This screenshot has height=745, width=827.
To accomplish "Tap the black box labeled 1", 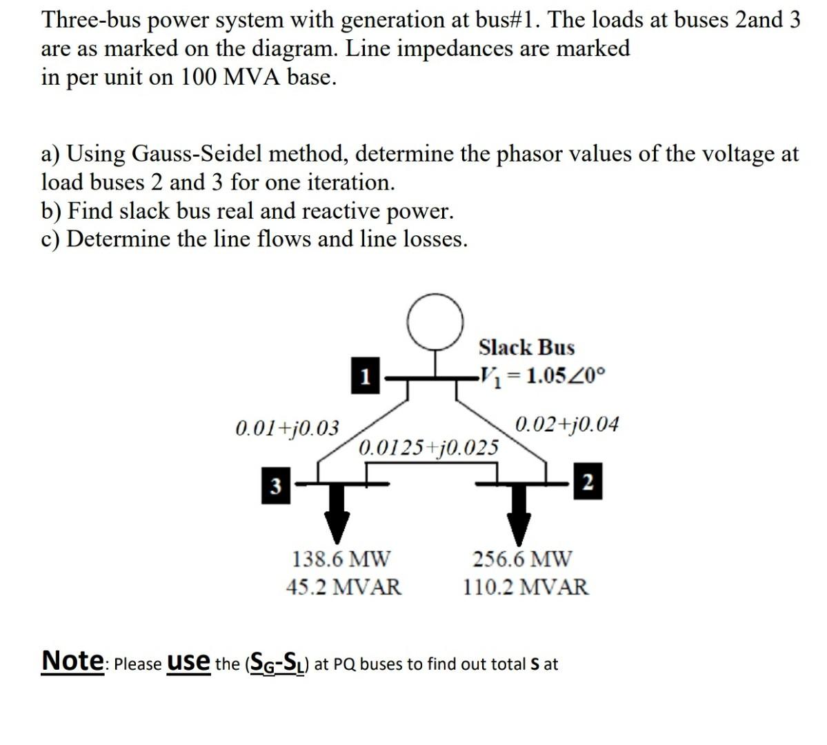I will pyautogui.click(x=366, y=376).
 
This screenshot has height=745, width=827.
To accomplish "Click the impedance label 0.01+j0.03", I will pyautogui.click(x=287, y=428).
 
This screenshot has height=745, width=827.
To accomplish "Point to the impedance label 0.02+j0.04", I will pyautogui.click(x=566, y=423).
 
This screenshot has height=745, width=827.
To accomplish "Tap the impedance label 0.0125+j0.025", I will pyautogui.click(x=428, y=447).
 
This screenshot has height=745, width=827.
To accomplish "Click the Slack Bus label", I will pyautogui.click(x=526, y=347).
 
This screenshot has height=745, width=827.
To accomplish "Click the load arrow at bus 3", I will pyautogui.click(x=337, y=520).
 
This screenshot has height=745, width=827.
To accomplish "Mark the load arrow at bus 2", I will pyautogui.click(x=518, y=520).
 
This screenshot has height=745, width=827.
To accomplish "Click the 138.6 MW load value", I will pyautogui.click(x=341, y=558).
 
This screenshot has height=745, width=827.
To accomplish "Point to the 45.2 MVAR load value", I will pyautogui.click(x=343, y=587).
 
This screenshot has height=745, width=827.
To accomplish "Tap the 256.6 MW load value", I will pyautogui.click(x=522, y=558).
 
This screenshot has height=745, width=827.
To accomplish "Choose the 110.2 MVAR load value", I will pyautogui.click(x=526, y=587).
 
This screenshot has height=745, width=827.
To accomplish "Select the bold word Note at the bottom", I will pyautogui.click(x=71, y=660).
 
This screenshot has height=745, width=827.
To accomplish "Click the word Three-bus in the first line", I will pyautogui.click(x=92, y=20).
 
